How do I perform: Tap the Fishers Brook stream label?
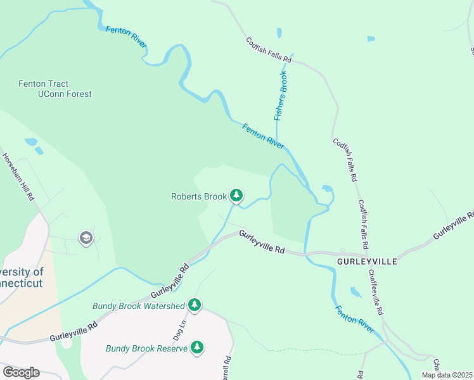coord(281,95)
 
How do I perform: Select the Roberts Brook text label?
coord(198,196)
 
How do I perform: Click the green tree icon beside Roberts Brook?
coord(236,196)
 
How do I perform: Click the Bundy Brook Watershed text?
coord(139,306)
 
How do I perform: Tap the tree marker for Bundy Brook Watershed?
coord(195,306)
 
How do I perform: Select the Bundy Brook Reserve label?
coord(146,348)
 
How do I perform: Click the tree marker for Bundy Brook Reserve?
coord(198,348)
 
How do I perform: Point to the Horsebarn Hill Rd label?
coord(18,177)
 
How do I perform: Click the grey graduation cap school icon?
coord(85,238)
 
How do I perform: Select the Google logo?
coord(21,372)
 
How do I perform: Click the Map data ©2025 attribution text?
coord(446,375)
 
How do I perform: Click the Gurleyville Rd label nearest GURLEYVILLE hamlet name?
coord(261,243)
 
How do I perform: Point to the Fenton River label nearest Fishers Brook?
coord(263,136)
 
